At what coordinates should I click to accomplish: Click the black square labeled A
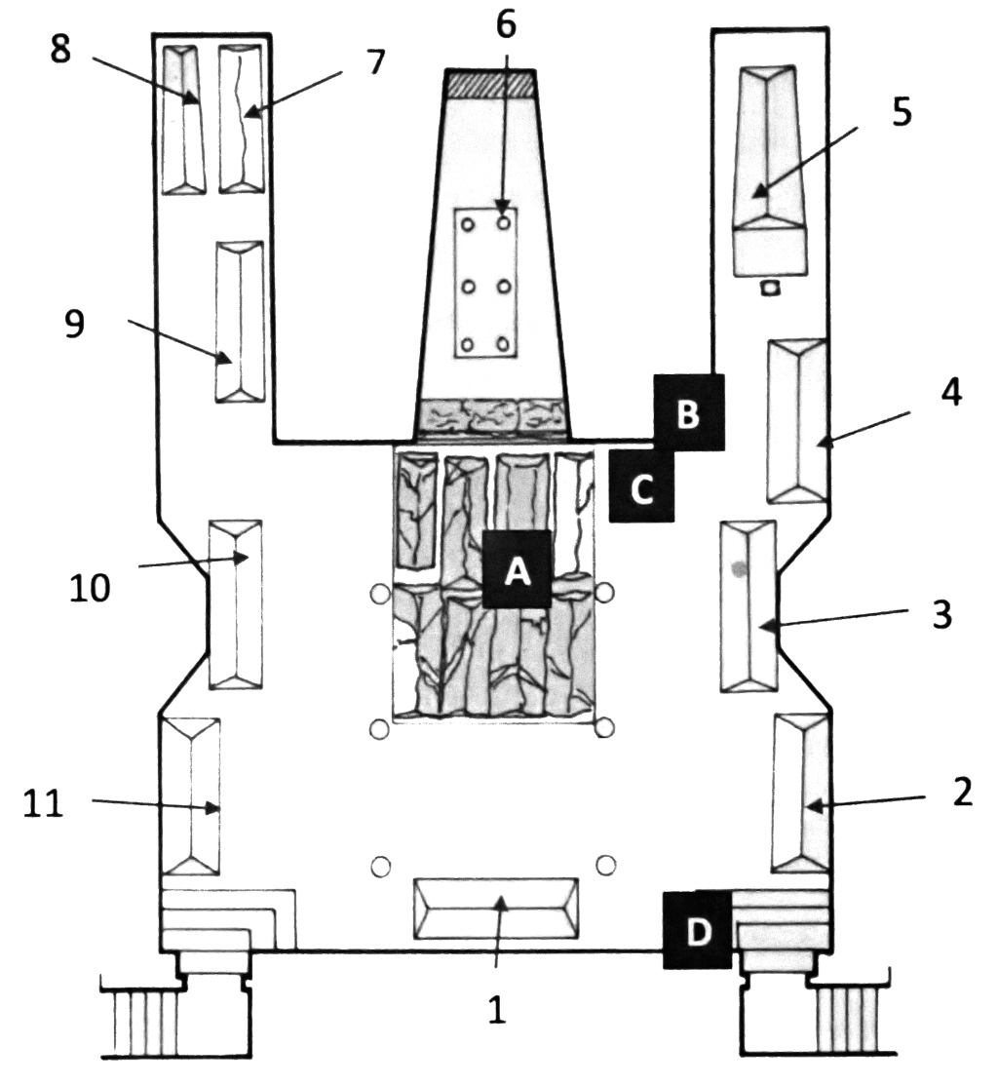pos(517,568)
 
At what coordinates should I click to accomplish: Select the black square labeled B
pos(689,412)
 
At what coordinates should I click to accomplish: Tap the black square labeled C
pos(642,486)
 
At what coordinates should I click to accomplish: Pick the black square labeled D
pos(697,929)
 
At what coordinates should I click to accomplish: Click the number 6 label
pos(506,25)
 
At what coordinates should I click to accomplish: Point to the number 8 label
pos(60,50)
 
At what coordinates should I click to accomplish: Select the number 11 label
pos(43,803)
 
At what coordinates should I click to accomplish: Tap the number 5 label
pos(902,111)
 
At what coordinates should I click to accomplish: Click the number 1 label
pos(497,1010)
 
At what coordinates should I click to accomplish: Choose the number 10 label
pos(90,588)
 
